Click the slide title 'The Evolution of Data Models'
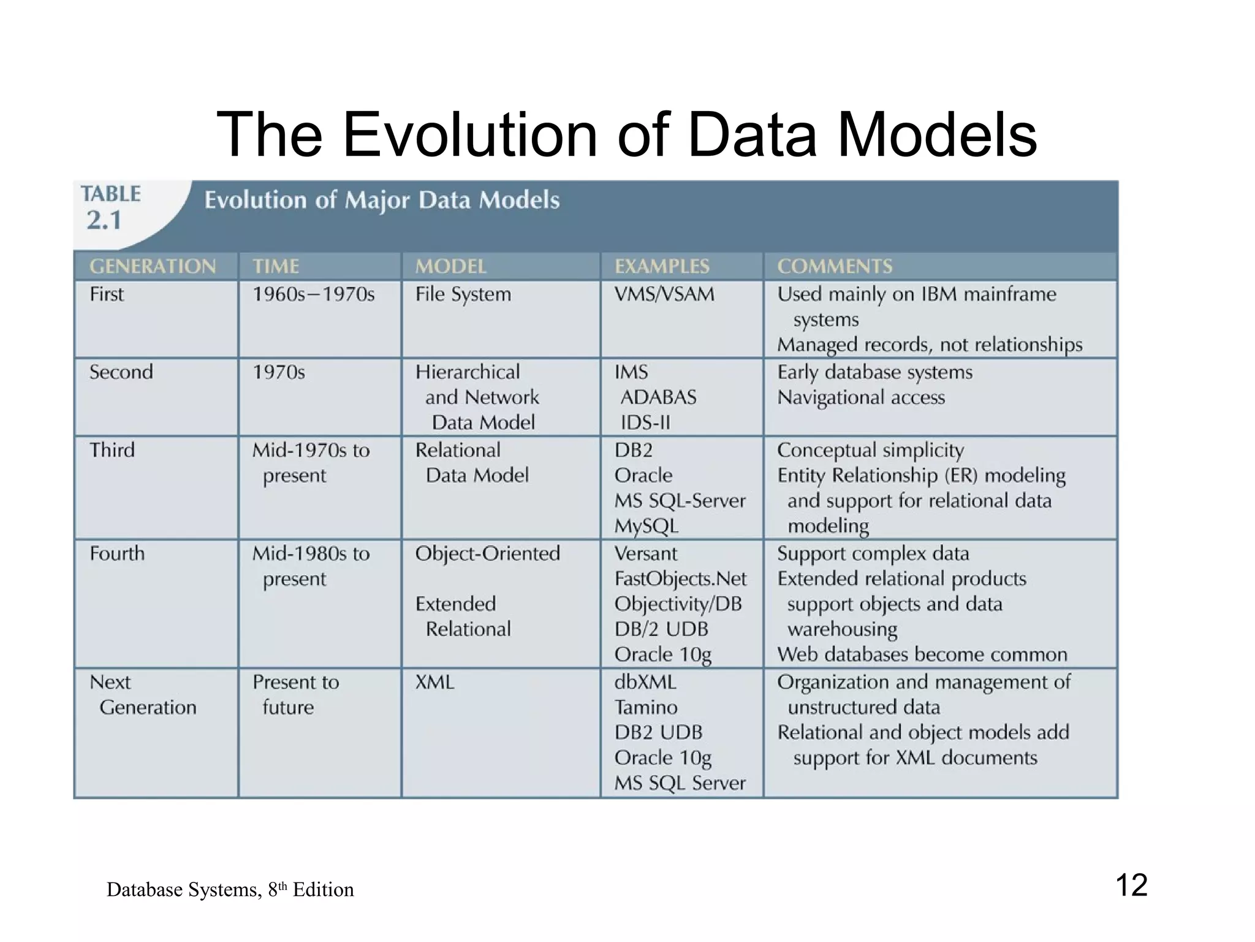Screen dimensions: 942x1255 (627, 134)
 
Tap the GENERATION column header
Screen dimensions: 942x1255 (153, 266)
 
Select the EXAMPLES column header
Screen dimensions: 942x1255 (662, 266)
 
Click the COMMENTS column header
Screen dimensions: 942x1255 (835, 266)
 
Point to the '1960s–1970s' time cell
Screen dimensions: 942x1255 (313, 294)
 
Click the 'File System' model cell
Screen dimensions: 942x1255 (463, 294)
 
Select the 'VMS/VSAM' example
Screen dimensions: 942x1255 (664, 294)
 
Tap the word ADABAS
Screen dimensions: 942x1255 (658, 397)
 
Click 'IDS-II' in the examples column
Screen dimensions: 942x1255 (645, 423)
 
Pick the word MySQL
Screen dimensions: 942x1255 (646, 526)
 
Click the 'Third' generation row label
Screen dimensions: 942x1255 (112, 450)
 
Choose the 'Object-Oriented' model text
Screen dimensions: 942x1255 (487, 554)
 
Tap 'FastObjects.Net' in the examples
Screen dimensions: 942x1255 (680, 579)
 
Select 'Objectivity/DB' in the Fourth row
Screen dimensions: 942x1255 (678, 604)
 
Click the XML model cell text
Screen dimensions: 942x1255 (434, 682)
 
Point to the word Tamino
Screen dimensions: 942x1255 (646, 708)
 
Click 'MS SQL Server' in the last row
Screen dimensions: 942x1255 (680, 783)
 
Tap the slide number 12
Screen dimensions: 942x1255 (1131, 885)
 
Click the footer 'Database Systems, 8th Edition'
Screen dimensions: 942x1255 (230, 889)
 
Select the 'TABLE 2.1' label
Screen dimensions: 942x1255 (110, 207)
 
